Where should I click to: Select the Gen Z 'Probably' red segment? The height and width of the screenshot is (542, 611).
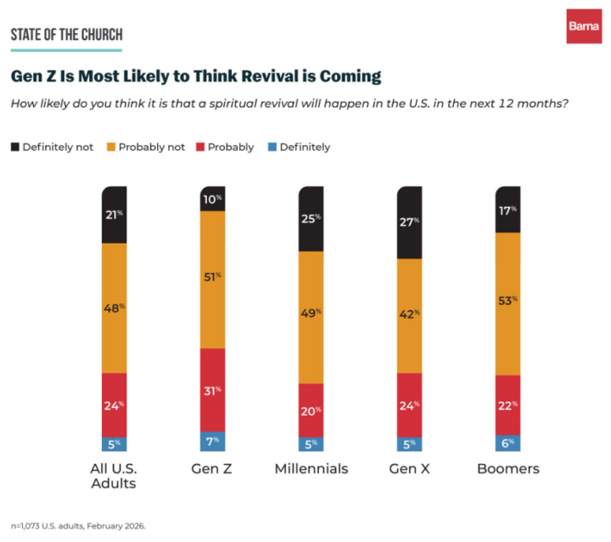[x=213, y=390]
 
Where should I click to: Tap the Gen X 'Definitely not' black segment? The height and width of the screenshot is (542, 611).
[x=409, y=222]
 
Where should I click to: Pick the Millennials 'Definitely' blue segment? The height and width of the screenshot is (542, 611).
[x=311, y=444]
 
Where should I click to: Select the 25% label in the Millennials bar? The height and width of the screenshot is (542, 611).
[x=311, y=218]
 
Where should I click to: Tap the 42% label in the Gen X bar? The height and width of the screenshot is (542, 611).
[x=409, y=314]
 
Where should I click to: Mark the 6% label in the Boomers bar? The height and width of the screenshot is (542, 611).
[x=507, y=444]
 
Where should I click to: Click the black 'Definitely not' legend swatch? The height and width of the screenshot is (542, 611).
[x=15, y=147]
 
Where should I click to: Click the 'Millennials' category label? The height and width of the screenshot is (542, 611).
[x=311, y=469]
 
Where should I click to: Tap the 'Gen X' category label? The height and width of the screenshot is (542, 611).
[x=409, y=469]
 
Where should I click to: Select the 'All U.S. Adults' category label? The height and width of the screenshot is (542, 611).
[x=115, y=476]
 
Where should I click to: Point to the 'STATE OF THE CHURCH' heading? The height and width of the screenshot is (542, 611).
[x=66, y=35]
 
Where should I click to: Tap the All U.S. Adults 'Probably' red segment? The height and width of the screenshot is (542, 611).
[x=115, y=405]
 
